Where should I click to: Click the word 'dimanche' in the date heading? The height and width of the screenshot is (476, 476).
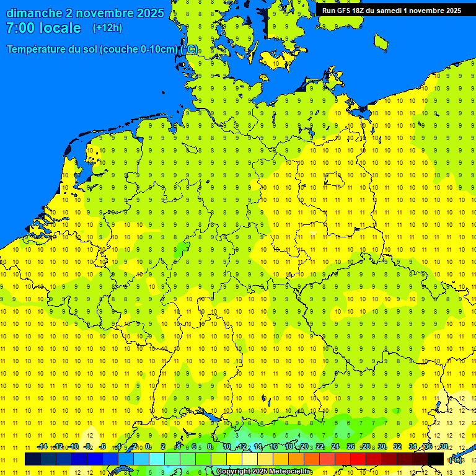[32, 13]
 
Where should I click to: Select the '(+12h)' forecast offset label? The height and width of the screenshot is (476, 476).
[107, 28]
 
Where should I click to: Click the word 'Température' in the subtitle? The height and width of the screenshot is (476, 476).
[37, 50]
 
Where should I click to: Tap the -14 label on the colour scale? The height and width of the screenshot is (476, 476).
[42, 447]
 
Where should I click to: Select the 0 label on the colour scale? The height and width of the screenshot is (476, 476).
[148, 447]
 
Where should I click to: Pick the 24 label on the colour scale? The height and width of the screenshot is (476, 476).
[335, 447]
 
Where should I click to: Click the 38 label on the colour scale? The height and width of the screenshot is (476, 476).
[444, 447]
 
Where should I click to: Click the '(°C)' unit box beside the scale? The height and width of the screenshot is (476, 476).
[456, 460]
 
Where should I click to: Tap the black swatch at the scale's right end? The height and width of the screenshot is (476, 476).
[436, 459]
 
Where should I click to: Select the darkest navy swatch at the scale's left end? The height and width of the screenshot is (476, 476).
[33, 459]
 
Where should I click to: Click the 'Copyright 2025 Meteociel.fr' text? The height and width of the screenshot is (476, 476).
[264, 472]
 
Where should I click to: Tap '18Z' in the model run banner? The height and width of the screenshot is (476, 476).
[363, 11]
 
